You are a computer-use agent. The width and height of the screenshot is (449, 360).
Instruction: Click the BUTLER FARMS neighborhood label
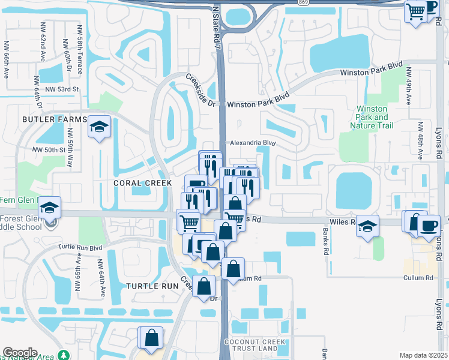[x=55, y=119]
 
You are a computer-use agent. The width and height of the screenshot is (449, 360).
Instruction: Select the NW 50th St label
[x=49, y=149]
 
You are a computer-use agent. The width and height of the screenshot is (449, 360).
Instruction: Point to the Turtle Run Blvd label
[x=80, y=247]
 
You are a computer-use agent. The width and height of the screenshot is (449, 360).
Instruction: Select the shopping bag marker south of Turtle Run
[x=151, y=338]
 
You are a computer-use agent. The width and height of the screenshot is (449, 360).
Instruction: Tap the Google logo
[x=20, y=353]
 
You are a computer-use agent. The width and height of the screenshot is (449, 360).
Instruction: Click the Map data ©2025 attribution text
[x=423, y=355]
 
